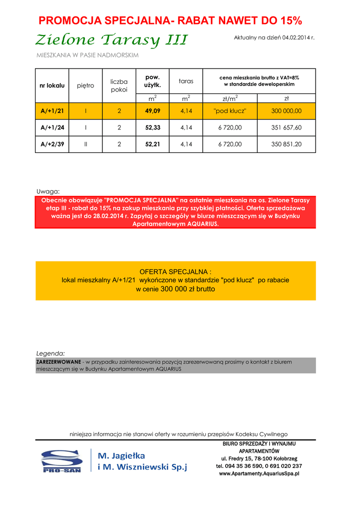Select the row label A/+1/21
click(x=52, y=111)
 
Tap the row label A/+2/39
click(x=52, y=144)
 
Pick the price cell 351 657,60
click(x=286, y=127)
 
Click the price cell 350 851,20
click(x=286, y=144)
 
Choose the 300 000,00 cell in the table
click(x=286, y=111)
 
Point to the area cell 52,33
click(x=153, y=127)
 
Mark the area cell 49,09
click(x=153, y=111)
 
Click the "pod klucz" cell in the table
click(x=230, y=111)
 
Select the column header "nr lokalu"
click(x=52, y=85)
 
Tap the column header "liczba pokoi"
click(x=119, y=85)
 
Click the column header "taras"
click(x=186, y=81)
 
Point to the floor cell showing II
click(x=86, y=144)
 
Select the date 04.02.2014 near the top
click(x=295, y=37)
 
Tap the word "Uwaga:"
click(x=48, y=191)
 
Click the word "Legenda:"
click(x=50, y=353)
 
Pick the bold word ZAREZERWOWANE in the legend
click(x=58, y=361)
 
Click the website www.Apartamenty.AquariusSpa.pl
click(x=259, y=473)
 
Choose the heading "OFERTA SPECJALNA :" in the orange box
click(x=175, y=271)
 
